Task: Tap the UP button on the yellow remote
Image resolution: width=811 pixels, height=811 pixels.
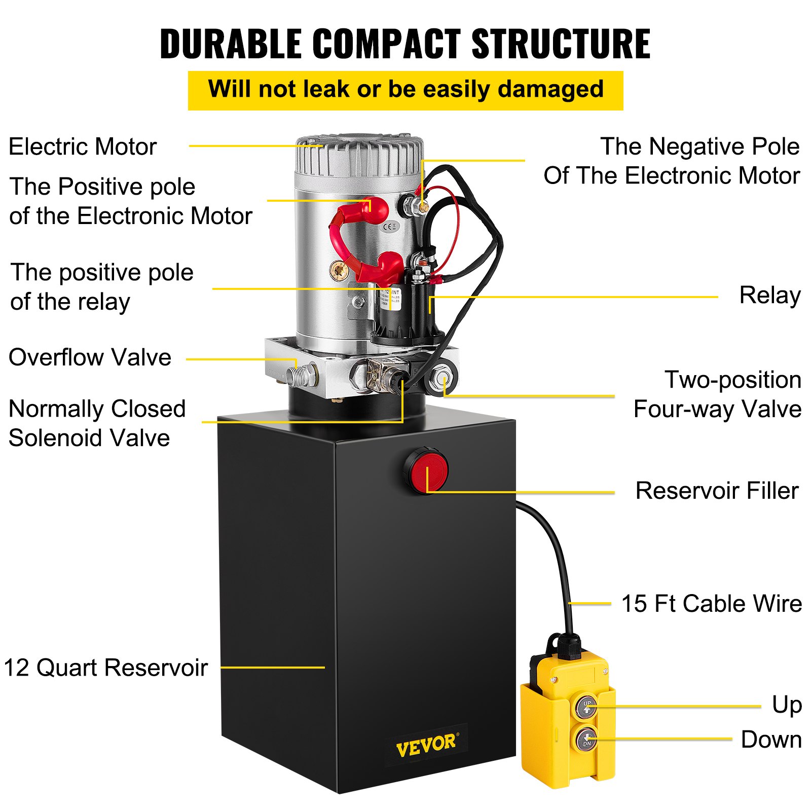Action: (587, 706)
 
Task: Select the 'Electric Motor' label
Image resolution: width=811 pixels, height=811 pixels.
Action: (83, 147)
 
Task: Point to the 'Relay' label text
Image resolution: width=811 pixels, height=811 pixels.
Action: (769, 296)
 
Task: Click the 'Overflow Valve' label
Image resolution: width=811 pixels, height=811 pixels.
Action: (90, 357)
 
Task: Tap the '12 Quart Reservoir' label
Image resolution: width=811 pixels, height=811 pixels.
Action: (105, 668)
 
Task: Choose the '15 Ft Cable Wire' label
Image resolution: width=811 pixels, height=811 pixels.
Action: (711, 604)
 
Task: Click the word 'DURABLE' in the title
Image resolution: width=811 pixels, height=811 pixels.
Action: (231, 44)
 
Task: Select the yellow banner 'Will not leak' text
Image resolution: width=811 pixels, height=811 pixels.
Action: (405, 90)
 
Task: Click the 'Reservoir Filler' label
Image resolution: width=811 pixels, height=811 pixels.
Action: (717, 491)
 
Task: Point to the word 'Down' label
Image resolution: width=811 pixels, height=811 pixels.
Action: (771, 740)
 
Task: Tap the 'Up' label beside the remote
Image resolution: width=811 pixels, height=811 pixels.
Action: (786, 705)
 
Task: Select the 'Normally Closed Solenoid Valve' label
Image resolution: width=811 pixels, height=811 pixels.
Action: (96, 423)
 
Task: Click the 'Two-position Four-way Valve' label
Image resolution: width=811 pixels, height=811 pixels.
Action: (718, 394)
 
